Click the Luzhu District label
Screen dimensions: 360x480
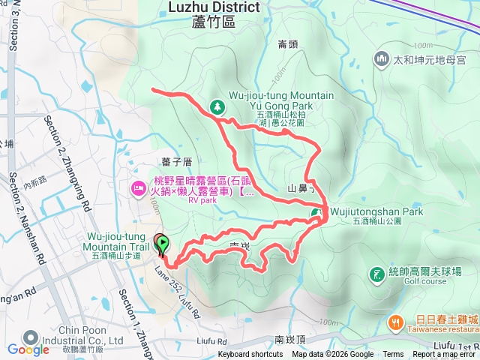tap(214, 7)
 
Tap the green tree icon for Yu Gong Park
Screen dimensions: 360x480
tap(217, 107)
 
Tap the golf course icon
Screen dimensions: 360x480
tap(376, 276)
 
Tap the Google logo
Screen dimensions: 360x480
tap(28, 349)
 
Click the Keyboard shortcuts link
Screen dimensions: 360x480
tap(250, 355)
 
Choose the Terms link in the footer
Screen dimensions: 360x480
tap(392, 355)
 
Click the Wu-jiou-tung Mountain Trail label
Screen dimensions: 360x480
tap(114, 242)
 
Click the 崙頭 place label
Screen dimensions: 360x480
tap(287, 44)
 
